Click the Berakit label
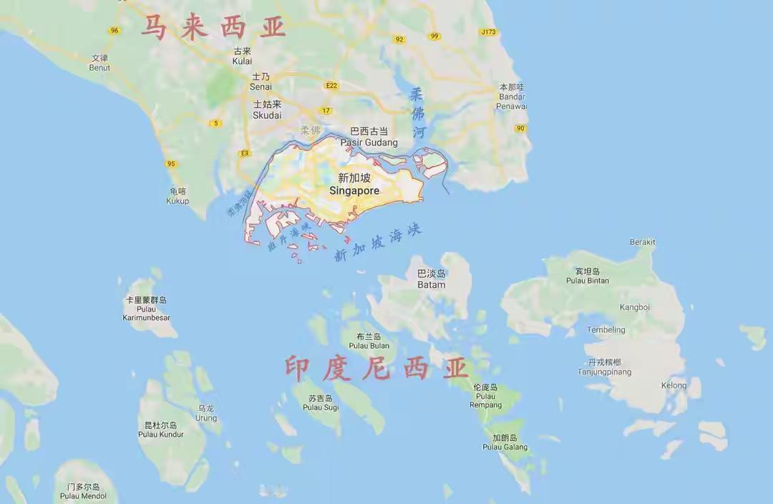(642, 242)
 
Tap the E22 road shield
(331, 85)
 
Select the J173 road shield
(488, 32)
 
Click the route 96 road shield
(115, 30)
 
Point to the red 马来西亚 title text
(213, 27)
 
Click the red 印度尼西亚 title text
(376, 369)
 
